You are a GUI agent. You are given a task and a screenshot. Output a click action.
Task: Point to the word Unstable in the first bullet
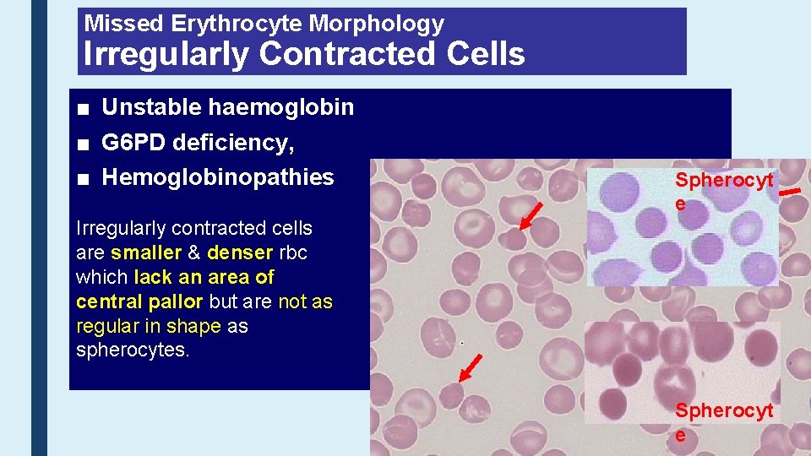(152, 107)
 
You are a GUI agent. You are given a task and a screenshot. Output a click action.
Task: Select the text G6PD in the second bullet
(133, 143)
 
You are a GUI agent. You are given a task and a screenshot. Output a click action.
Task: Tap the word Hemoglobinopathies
(218, 177)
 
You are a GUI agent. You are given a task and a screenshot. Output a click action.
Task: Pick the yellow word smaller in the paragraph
(145, 252)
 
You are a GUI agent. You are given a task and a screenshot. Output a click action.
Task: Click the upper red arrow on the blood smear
(531, 215)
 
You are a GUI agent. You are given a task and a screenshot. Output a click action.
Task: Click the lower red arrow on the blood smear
(469, 369)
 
